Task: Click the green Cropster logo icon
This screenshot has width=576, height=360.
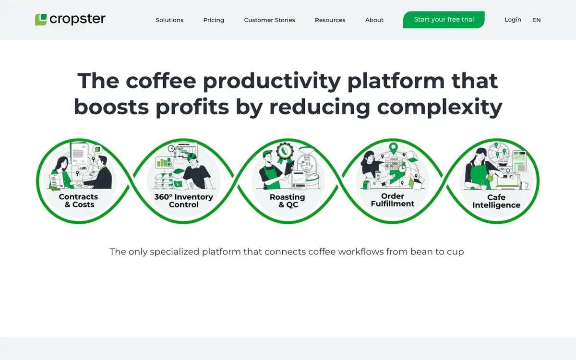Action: coord(41,20)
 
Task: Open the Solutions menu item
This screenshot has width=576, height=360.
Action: coord(169,20)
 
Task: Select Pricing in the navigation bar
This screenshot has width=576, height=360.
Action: coord(214,20)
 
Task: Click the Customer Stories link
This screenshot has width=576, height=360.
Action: coord(269,20)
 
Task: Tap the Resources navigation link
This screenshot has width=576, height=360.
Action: coord(330,20)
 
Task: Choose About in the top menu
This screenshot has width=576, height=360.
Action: coord(374,20)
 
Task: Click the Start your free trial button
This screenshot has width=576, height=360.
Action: coord(444,20)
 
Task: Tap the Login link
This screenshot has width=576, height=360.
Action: coord(513,20)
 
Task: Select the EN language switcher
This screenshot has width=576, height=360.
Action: coord(537,20)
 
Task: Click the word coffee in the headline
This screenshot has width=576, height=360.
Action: coord(161,81)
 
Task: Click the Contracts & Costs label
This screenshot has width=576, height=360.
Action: coord(79,201)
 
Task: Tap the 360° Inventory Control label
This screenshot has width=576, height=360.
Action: coord(183,201)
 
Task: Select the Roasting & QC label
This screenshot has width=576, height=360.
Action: coord(288,201)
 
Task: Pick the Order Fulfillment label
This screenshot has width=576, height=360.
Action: coord(393,200)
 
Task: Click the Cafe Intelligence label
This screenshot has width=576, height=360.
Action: coord(496,201)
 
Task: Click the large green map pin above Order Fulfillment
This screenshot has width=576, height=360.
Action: coord(393,148)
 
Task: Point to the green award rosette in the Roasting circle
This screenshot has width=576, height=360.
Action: coord(285,153)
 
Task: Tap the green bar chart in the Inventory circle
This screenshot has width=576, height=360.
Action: coord(163,162)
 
